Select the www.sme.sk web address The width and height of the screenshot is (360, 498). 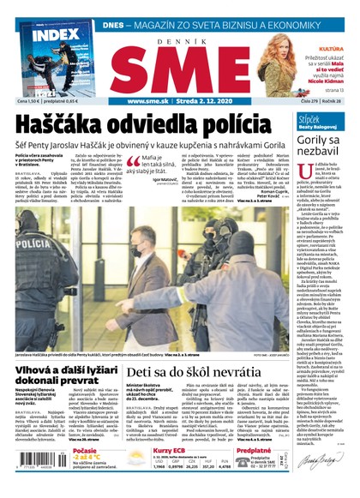tap(147, 102)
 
